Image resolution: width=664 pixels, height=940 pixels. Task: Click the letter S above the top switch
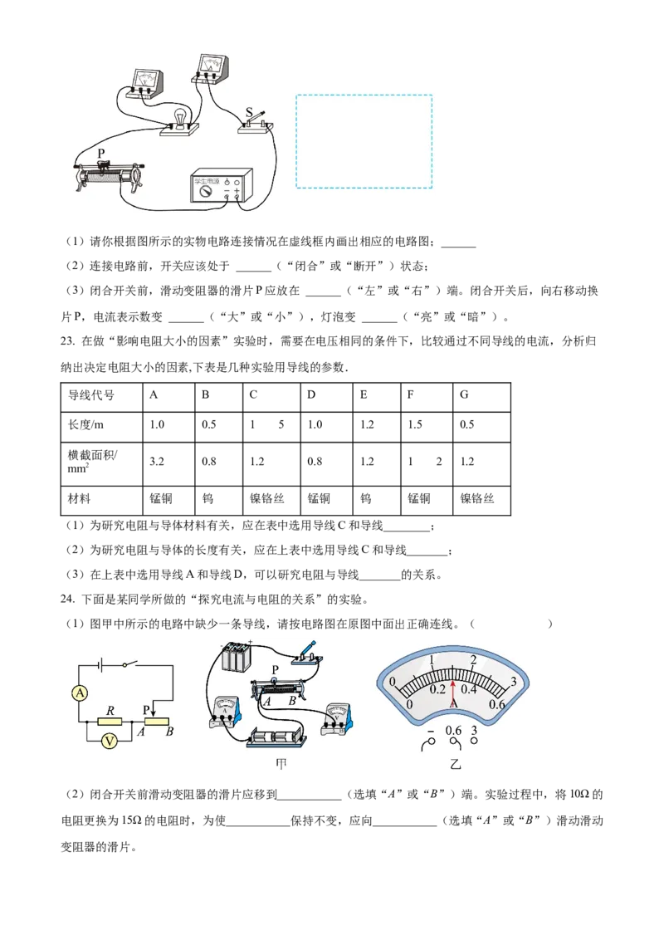(249, 112)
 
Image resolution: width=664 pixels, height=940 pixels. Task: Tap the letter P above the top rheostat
(101, 154)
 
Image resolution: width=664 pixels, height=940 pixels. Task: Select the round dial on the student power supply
(204, 190)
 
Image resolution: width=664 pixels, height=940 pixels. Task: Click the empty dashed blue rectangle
(364, 141)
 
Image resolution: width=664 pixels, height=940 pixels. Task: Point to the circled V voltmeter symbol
(109, 742)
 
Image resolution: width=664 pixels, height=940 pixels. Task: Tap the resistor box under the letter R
(110, 722)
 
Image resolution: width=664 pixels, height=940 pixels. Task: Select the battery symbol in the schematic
(100, 664)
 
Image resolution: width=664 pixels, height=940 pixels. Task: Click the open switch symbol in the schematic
(128, 664)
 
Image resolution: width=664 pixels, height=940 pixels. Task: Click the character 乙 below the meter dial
(453, 764)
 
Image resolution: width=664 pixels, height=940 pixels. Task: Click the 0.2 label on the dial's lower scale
(438, 688)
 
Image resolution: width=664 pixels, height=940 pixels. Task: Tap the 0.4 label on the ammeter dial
(469, 688)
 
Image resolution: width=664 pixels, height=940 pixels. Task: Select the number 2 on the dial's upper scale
(473, 660)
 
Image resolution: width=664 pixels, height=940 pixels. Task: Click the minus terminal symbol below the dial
(431, 732)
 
